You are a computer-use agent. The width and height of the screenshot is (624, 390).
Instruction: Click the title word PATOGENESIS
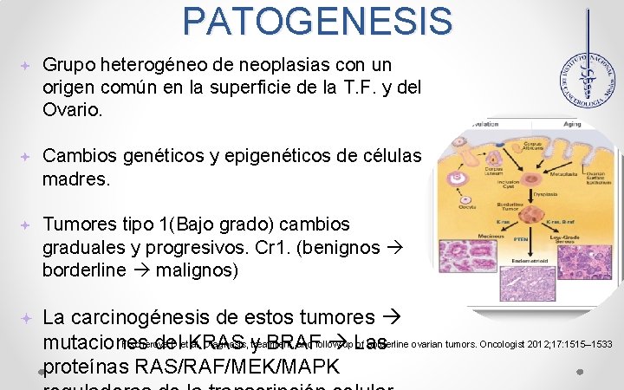(x=318, y=21)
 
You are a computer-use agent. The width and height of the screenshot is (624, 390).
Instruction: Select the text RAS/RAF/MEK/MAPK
(x=196, y=364)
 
